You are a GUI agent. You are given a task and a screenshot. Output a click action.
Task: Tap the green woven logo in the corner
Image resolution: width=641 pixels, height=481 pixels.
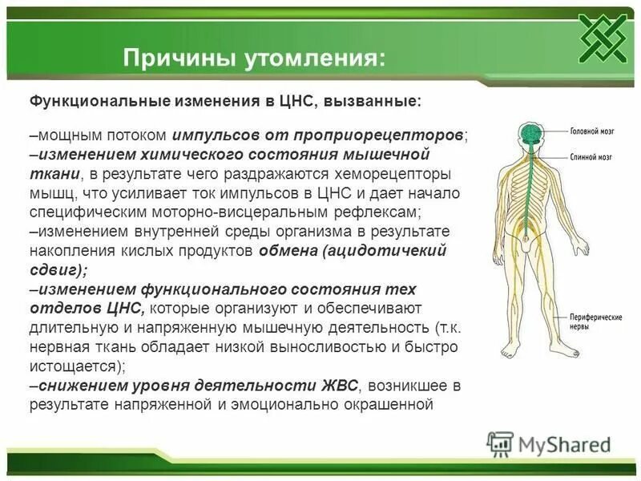[x=603, y=38]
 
